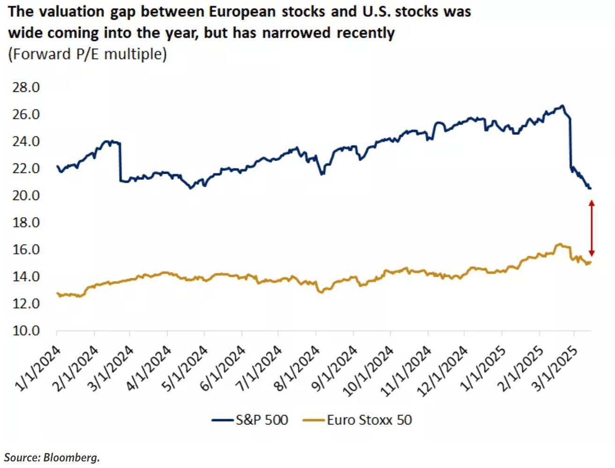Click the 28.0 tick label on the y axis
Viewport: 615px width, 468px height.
tap(26, 88)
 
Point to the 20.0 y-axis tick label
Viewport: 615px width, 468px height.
tap(26, 196)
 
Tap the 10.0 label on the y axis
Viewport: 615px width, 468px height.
tap(26, 331)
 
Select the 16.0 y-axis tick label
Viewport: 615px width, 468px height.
tap(26, 250)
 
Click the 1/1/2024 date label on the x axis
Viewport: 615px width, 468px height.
tap(38, 369)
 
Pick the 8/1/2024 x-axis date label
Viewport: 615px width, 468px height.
tap(297, 369)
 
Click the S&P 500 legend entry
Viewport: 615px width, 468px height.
tap(250, 420)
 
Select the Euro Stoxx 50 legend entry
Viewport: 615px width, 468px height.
tap(357, 420)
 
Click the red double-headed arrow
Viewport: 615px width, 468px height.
tap(592, 228)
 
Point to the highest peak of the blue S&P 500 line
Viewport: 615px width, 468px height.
tap(562, 106)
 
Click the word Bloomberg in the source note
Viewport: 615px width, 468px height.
tap(72, 458)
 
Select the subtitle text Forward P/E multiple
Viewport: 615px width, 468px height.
tap(88, 54)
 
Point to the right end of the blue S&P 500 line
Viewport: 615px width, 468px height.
tap(591, 188)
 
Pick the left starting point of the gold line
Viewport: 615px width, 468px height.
tap(57, 293)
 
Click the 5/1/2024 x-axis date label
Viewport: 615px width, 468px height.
tap(185, 369)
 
